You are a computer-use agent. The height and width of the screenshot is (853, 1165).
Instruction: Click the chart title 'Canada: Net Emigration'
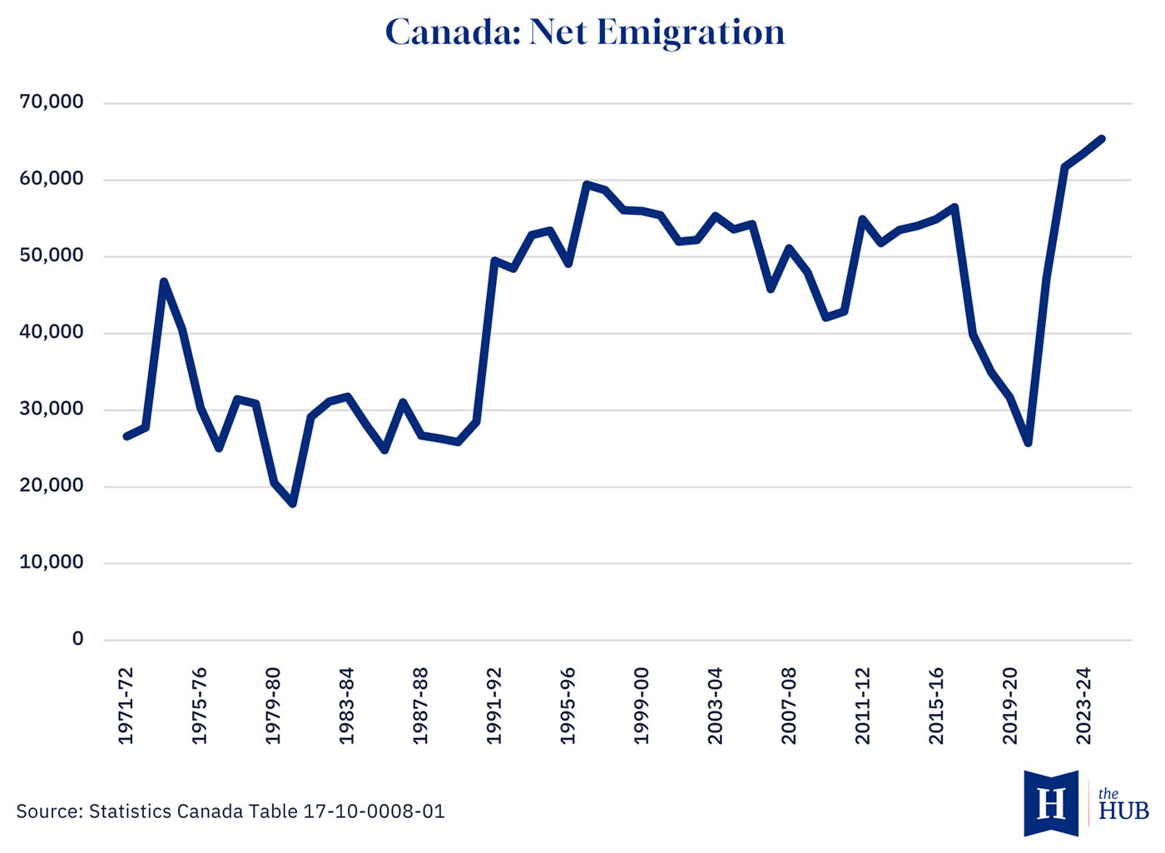pos(584,32)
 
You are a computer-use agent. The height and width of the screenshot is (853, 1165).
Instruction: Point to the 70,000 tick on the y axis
pos(52,102)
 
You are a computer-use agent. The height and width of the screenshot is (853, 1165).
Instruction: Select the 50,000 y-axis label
pos(52,255)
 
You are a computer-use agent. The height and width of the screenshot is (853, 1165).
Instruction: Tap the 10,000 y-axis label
pos(52,563)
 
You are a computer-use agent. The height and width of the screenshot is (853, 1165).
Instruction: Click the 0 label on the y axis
pos(78,639)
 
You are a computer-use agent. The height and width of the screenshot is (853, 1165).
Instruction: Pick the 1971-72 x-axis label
pos(126,705)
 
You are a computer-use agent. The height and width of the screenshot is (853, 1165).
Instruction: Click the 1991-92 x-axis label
pos(494,705)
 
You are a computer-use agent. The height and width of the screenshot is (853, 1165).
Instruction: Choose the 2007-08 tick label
pos(789,705)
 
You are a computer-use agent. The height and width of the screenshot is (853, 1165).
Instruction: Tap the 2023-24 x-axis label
pos(1083,705)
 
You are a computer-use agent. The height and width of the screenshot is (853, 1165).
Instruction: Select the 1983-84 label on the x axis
pos(347,705)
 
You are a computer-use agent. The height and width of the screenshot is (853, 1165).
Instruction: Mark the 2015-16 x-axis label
pos(936,705)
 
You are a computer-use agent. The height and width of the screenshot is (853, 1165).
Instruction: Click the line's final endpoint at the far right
pos(1102,139)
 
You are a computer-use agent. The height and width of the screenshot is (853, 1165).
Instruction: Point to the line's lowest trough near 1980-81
pos(293,503)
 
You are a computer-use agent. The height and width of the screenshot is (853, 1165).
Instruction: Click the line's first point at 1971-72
pos(126,436)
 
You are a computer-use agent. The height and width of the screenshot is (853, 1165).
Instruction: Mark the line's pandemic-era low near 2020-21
pos(1029,443)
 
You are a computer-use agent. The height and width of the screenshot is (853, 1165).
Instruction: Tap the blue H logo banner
pos(1051,803)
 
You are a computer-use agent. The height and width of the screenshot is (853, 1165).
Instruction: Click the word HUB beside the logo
pos(1123,811)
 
